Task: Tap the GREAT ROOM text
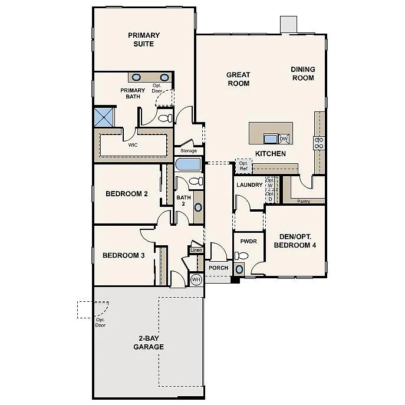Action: pos(238,79)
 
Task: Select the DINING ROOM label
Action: pos(302,73)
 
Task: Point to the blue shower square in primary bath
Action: pos(105,116)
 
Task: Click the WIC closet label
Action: pos(133,144)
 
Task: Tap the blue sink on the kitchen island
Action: pos(271,139)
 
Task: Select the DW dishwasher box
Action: pos(284,139)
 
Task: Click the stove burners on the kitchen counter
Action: pos(319,142)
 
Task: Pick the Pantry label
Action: pos(304,201)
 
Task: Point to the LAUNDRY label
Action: pos(249,185)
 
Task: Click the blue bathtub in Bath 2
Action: pos(189,164)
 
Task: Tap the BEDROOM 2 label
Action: pos(127,193)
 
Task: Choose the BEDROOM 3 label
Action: pos(123,255)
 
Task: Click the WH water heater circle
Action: pos(196,279)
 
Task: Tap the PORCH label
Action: pos(218,268)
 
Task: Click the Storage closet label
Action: pos(189,151)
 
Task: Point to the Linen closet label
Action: pos(196,251)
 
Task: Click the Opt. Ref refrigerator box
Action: pos(243,166)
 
